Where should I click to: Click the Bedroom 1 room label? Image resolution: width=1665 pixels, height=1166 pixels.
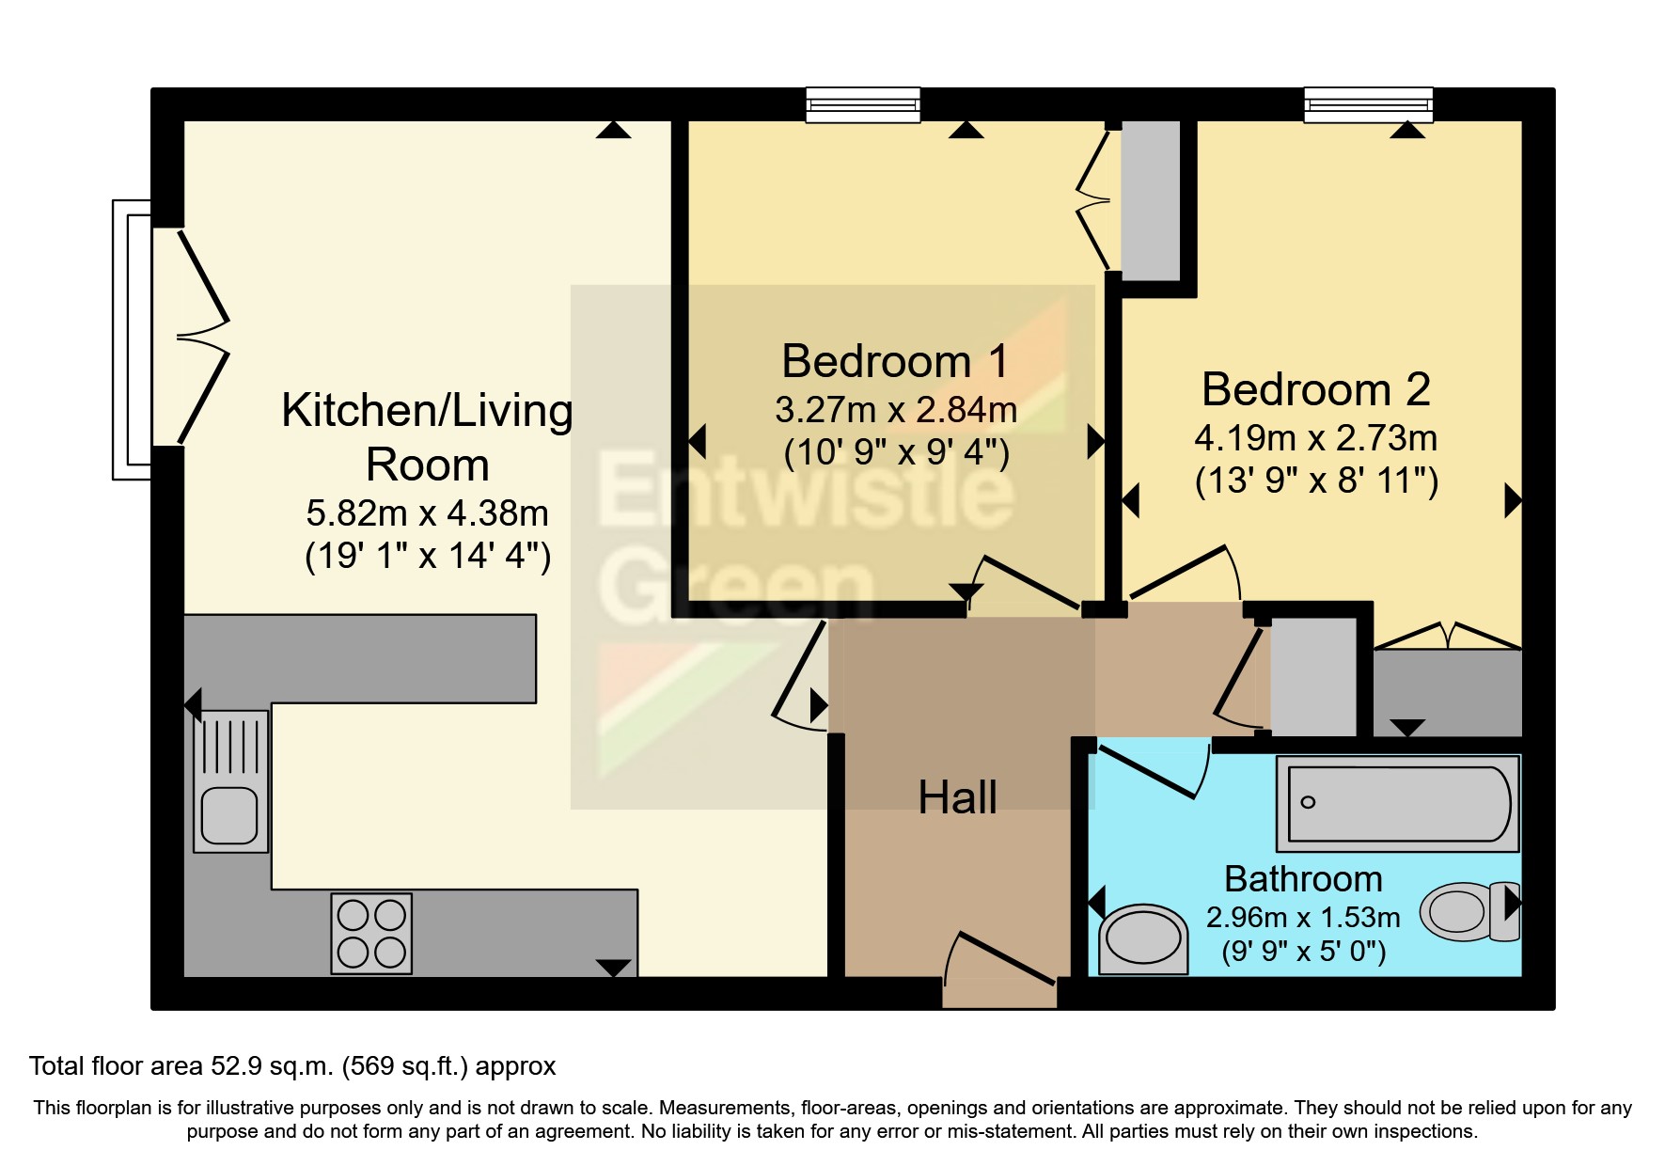click(895, 362)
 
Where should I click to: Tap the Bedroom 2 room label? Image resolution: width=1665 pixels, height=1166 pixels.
click(1315, 390)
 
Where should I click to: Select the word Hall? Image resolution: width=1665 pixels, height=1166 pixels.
click(957, 798)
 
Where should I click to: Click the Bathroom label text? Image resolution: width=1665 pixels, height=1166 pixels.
click(1303, 879)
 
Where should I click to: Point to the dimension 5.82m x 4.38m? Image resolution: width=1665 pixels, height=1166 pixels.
click(427, 513)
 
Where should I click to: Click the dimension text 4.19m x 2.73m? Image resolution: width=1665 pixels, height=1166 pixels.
click(1315, 438)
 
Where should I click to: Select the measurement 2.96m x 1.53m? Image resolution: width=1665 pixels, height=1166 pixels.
click(1303, 918)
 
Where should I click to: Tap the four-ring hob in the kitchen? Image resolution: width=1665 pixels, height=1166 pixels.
click(371, 933)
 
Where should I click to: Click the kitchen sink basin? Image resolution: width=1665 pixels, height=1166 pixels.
click(229, 814)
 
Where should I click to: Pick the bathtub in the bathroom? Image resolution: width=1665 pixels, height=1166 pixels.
click(1398, 804)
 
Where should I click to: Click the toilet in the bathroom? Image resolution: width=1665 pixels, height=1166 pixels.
click(1469, 911)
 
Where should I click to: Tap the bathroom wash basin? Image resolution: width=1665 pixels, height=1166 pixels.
click(1142, 939)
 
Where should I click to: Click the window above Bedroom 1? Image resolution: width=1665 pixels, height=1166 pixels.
click(863, 104)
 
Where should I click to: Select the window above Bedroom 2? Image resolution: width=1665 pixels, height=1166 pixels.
click(1368, 104)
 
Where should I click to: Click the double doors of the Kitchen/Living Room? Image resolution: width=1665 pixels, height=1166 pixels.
click(202, 336)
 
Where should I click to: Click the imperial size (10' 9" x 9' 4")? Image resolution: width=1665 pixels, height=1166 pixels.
click(896, 453)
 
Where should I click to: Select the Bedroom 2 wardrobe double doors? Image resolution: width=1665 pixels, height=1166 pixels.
click(1447, 636)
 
